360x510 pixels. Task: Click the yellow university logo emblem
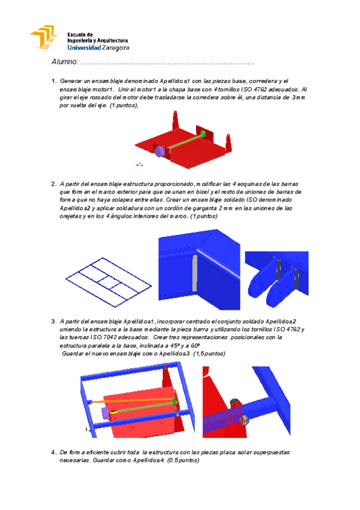pos(43,37)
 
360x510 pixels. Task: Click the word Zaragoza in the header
pos(115,48)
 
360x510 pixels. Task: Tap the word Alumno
pos(65,62)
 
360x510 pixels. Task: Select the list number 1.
pos(53,81)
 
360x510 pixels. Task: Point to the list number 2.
pos(53,184)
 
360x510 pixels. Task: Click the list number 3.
pos(53,322)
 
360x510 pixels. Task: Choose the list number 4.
pos(53,452)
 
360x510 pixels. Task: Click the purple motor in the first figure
pos(159,151)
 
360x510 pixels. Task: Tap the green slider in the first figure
pos(203,133)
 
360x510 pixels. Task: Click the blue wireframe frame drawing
pos(109,282)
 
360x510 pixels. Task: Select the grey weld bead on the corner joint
pos(195,273)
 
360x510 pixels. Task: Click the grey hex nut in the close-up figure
pos(245,420)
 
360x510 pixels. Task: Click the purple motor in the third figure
pos(105,413)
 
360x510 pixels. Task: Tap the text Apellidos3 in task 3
pos(174,354)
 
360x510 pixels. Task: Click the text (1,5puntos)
pos(209,354)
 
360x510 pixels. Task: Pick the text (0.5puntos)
pos(183,460)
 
